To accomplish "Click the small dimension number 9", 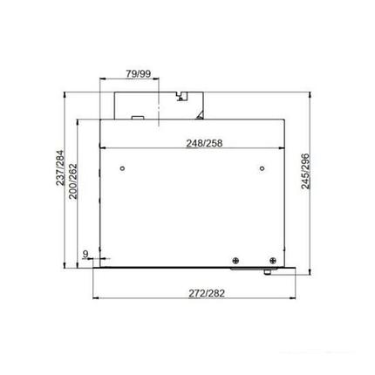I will pos(85,255).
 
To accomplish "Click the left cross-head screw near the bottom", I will pos(235,258).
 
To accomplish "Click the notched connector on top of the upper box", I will pos(184,91).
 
